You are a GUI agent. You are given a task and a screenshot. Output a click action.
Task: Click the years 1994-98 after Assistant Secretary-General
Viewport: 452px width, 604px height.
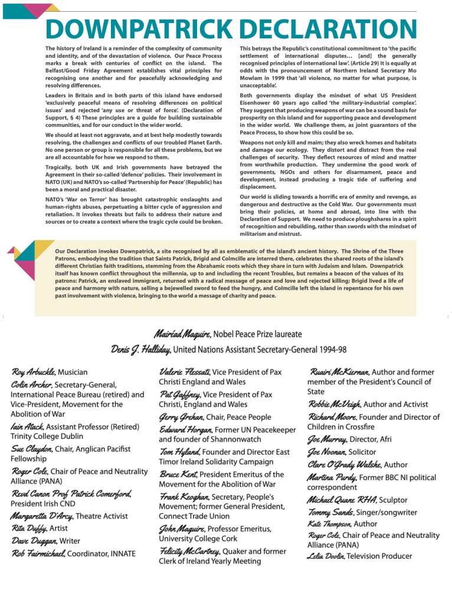pyautogui.click(x=331, y=350)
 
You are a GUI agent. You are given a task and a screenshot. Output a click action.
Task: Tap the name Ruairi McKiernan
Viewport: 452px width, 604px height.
pyautogui.click(x=339, y=373)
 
